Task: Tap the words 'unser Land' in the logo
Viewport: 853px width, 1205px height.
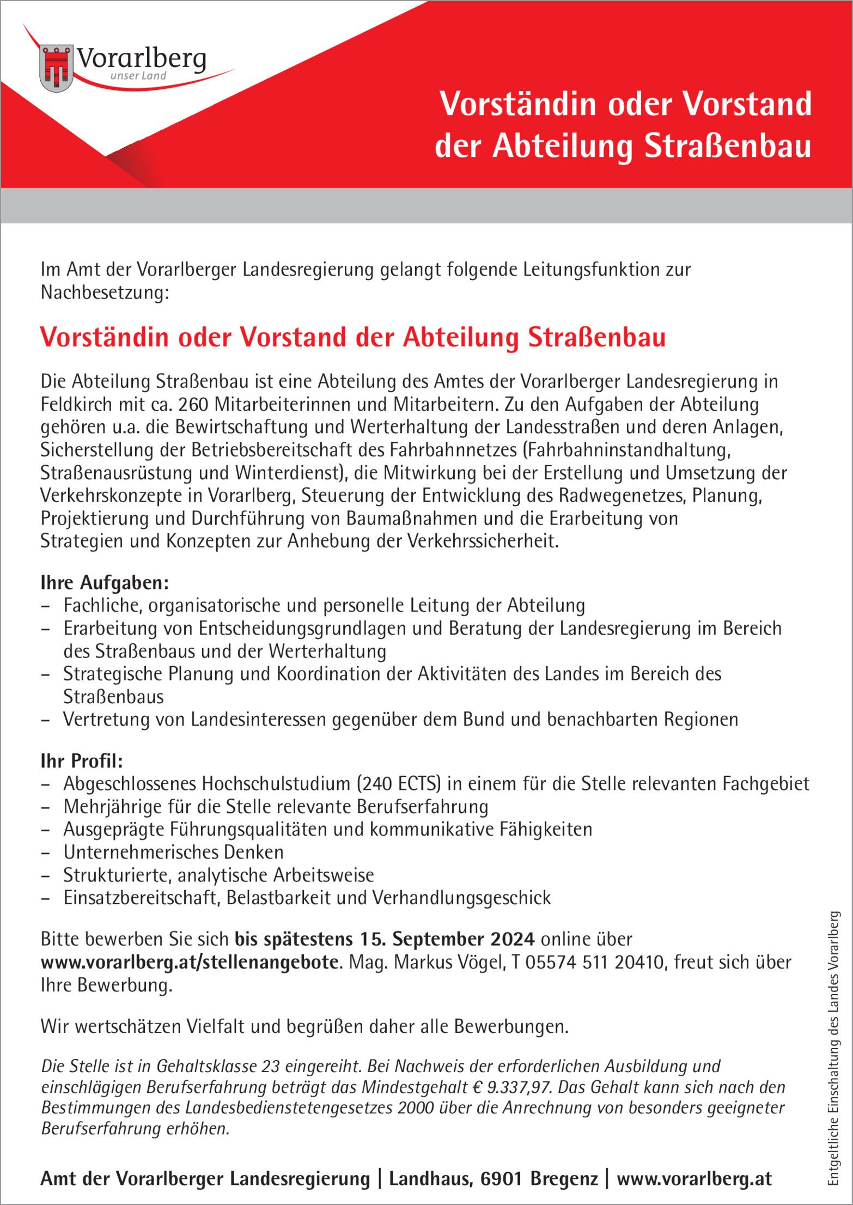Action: [x=138, y=76]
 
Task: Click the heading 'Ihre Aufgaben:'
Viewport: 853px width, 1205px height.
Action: [x=105, y=583]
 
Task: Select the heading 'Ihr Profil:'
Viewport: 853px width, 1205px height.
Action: [x=82, y=760]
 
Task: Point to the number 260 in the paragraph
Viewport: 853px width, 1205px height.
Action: [x=193, y=404]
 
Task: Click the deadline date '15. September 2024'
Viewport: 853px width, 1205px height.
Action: [x=447, y=939]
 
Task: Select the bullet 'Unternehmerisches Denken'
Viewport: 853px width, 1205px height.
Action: [x=173, y=851]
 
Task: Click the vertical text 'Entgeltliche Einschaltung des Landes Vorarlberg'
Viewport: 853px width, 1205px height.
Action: [x=833, y=1046]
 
